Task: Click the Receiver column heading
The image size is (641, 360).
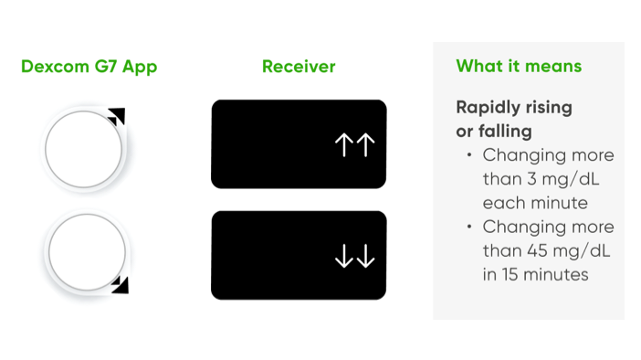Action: coord(299,67)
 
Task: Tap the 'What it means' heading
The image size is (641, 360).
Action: coord(518,67)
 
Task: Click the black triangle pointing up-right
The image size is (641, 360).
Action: coord(117,115)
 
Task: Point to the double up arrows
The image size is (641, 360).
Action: coord(355,145)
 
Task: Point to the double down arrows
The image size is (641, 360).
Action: coord(355,259)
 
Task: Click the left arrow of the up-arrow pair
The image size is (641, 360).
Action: coord(345,145)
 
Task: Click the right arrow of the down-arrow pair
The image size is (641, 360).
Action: coord(365,259)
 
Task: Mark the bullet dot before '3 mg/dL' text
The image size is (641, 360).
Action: coord(469,154)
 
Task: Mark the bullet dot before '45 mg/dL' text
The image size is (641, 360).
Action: coord(469,227)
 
